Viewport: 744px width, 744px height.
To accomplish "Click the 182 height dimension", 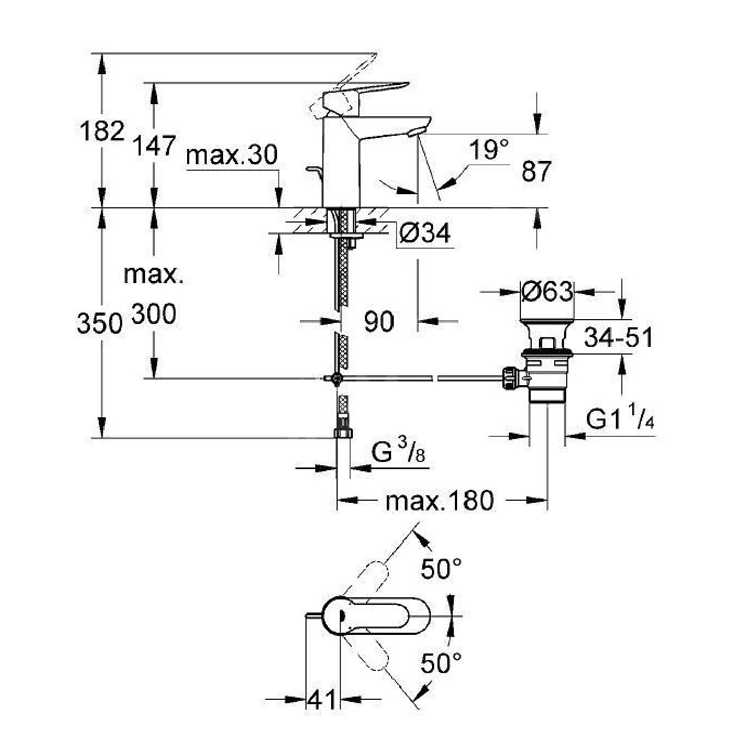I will tap(101, 131).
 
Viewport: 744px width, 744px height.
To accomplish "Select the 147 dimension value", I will tap(155, 146).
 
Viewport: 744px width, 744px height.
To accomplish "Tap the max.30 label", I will tap(231, 155).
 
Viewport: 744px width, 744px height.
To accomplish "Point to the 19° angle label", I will tap(489, 149).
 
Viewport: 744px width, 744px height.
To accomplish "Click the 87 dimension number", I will tap(536, 171).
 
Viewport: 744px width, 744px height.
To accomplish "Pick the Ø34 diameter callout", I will tap(425, 233).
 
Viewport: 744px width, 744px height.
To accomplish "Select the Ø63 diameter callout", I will tap(547, 292).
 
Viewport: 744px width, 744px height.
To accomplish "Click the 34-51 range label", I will tap(618, 338).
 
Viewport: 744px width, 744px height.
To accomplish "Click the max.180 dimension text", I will tap(439, 500).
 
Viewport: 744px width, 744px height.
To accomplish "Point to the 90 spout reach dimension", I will tap(379, 321).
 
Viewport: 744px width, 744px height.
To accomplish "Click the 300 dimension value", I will tap(154, 315).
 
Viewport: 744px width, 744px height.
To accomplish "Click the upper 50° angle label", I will tap(441, 569).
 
